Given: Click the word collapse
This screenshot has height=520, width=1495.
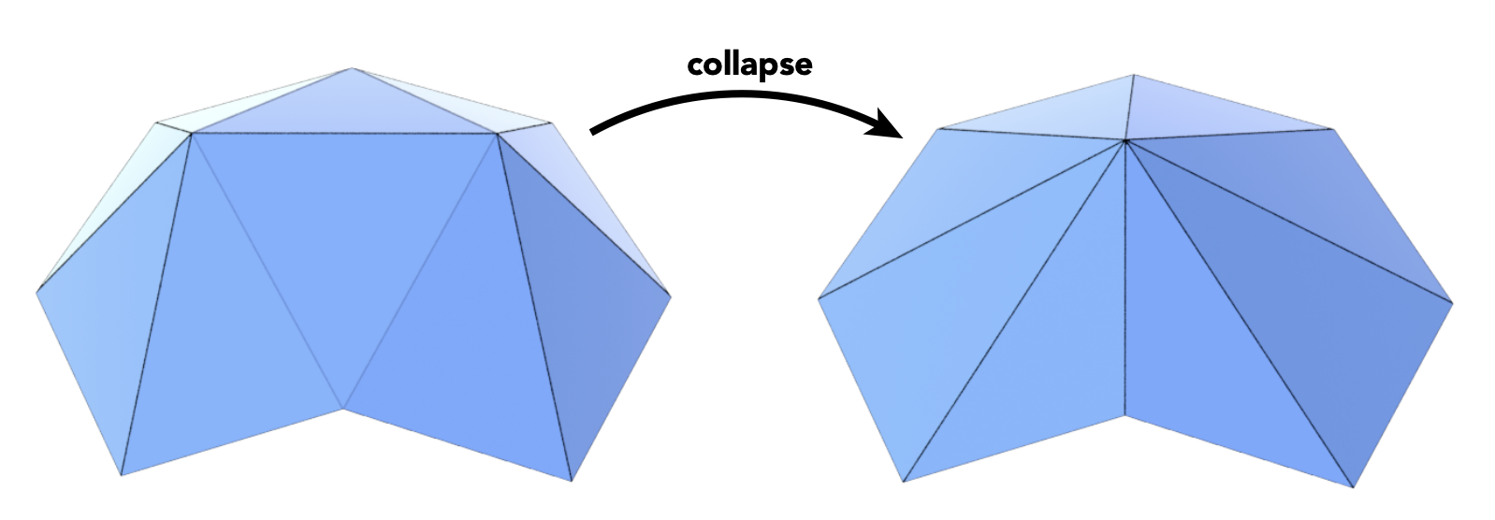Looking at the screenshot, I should [749, 65].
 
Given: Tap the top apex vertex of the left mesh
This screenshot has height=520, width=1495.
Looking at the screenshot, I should [353, 68].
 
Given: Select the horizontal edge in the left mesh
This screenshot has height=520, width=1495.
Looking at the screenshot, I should [344, 134].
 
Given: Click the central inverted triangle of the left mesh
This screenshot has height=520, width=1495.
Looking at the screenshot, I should [344, 243].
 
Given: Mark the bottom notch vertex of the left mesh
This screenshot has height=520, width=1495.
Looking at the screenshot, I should [344, 408].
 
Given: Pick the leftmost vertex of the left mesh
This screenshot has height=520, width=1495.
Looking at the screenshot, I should [37, 293].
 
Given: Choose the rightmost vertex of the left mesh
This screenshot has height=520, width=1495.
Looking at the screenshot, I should [671, 297].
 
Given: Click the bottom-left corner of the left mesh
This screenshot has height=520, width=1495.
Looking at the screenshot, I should [122, 475].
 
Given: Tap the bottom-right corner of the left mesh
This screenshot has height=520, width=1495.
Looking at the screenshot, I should [571, 481].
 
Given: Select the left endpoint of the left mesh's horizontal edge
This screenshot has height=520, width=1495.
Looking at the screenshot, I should [192, 134].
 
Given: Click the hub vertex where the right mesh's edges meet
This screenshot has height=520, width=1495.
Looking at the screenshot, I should [1125, 141].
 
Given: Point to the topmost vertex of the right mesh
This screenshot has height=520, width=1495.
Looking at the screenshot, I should [1134, 75].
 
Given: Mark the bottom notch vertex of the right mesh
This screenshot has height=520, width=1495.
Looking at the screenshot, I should [1125, 414].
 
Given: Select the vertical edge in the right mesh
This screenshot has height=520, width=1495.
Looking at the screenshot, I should [1125, 281].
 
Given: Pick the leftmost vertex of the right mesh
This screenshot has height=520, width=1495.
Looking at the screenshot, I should [820, 299].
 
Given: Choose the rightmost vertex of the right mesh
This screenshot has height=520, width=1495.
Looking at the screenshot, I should [1452, 302].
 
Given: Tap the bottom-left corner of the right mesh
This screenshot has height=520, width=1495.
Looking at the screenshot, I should [904, 482].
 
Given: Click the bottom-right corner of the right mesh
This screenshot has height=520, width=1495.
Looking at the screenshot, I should [1354, 486].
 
